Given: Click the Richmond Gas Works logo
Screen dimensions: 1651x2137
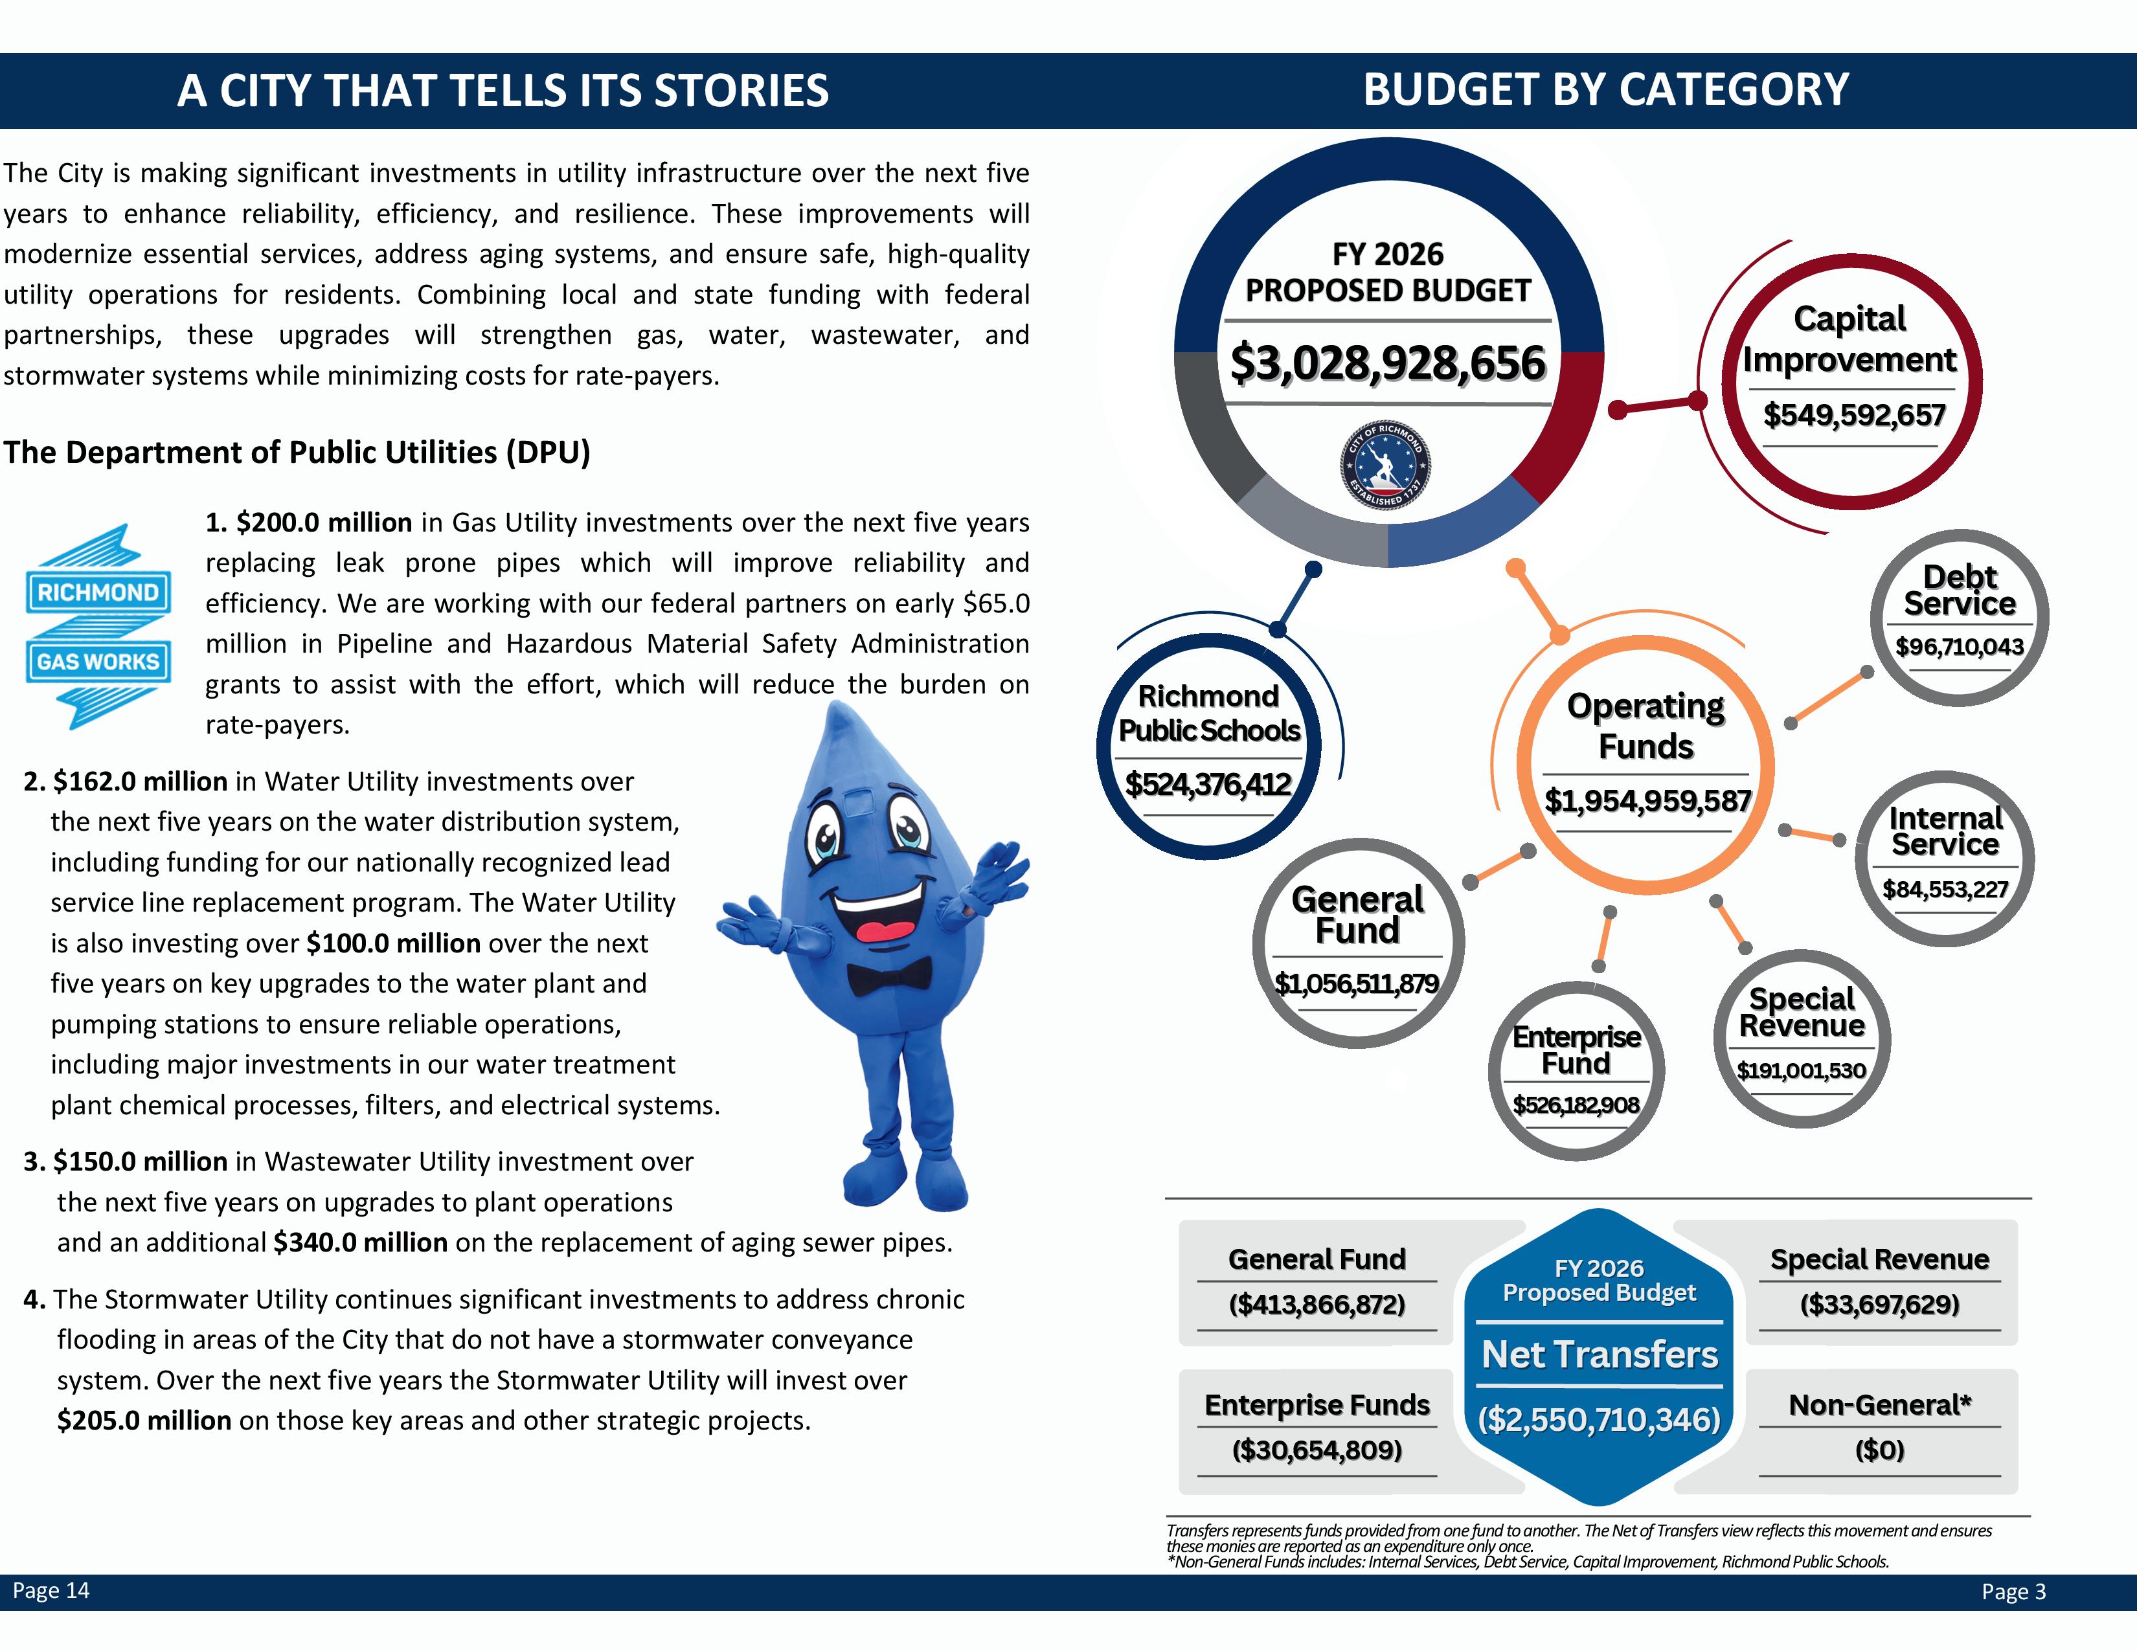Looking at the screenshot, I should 98,627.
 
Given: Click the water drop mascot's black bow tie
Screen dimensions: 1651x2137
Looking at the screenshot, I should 888,975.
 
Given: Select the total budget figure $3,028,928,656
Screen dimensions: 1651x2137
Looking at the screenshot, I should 1388,363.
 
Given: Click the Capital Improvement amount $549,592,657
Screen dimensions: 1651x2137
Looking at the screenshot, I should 1853,416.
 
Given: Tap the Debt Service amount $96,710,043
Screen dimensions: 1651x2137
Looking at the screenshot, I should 1959,647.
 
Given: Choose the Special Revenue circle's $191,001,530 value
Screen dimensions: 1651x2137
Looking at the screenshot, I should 1800,1071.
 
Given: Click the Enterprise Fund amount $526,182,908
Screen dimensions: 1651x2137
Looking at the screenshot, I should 1576,1105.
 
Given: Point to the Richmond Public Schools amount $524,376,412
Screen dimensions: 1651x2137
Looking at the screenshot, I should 1208,785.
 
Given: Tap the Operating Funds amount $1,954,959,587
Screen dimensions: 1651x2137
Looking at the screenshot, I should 1647,801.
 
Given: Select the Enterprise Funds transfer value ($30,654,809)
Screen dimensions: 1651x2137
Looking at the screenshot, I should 1316,1450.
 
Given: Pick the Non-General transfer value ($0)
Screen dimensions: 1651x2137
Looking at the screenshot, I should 1879,1450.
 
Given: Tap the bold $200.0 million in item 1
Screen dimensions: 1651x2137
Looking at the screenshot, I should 323,522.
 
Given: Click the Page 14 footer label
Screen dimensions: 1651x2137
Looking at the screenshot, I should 51,1590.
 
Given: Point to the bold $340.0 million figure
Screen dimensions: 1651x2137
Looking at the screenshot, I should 360,1242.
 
